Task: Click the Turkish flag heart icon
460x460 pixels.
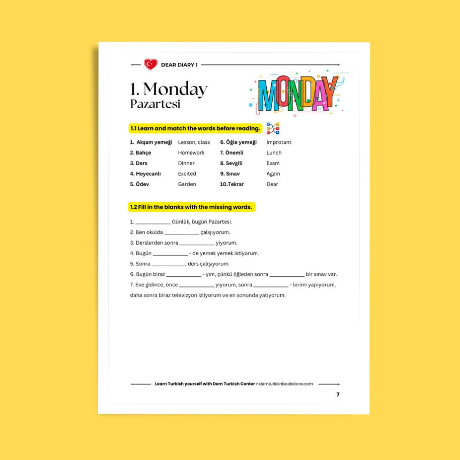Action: [150, 64]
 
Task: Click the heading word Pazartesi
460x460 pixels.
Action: [155, 104]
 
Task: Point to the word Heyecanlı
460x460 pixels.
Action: [148, 174]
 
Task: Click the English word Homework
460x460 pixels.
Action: [191, 152]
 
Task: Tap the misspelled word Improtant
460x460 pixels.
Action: [279, 142]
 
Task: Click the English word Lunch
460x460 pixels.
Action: [274, 152]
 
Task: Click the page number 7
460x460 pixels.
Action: [338, 395]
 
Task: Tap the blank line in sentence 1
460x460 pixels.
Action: [153, 222]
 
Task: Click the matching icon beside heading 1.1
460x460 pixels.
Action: [273, 128]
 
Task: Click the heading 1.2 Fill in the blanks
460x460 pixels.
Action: [191, 207]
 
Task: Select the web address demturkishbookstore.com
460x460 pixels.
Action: [286, 384]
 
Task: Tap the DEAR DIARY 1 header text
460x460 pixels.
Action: [179, 65]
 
